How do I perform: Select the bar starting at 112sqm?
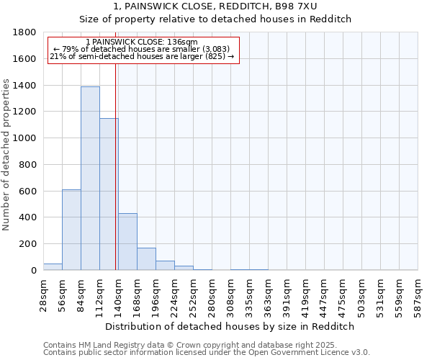click(x=109, y=194)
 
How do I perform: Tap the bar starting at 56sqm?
click(x=71, y=230)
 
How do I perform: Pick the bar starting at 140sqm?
click(x=127, y=242)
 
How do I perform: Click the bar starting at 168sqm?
click(x=146, y=259)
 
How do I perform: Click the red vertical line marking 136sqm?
click(x=116, y=166)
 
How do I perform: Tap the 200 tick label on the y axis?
click(x=30, y=244)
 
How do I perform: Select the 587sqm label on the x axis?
click(x=418, y=294)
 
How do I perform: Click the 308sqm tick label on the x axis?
click(x=231, y=294)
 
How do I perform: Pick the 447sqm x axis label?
click(x=325, y=294)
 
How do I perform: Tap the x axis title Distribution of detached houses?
click(x=230, y=326)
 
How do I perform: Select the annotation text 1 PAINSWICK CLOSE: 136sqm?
click(x=141, y=42)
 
